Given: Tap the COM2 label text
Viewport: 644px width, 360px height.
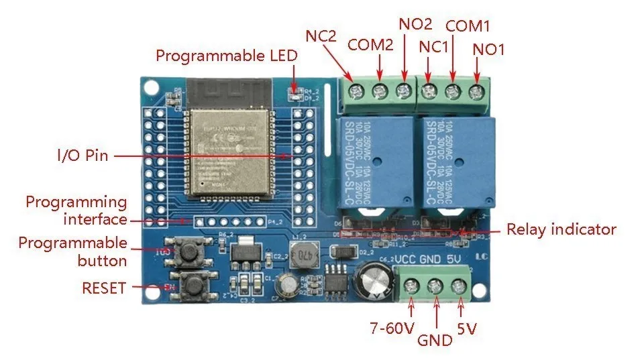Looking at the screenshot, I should click(x=370, y=46).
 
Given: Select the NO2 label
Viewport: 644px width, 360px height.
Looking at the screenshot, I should click(x=415, y=24).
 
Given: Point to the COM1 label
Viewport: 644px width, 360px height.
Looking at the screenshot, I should click(x=468, y=26).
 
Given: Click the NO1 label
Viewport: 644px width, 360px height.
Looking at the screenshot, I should click(x=489, y=49).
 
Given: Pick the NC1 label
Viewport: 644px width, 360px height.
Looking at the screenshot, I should click(x=434, y=47).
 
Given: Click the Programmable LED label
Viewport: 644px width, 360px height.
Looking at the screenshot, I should click(x=226, y=56).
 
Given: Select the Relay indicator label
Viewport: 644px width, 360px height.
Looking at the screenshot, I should click(x=561, y=229).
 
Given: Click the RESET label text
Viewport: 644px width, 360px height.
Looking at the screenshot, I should click(x=104, y=288).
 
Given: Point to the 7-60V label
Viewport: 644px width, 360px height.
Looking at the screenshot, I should click(x=392, y=328).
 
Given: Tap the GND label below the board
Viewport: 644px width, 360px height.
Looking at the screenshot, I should click(x=435, y=340).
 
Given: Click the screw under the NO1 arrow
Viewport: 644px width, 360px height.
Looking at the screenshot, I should click(x=477, y=91).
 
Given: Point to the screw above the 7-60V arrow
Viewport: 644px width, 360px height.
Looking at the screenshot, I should click(x=410, y=287).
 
